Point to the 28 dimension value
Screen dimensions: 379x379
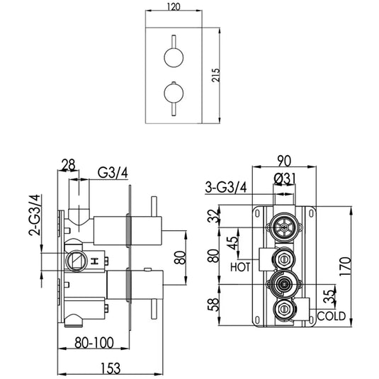[68, 165]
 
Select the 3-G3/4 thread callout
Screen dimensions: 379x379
[225, 187]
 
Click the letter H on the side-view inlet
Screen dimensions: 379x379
[95, 261]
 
